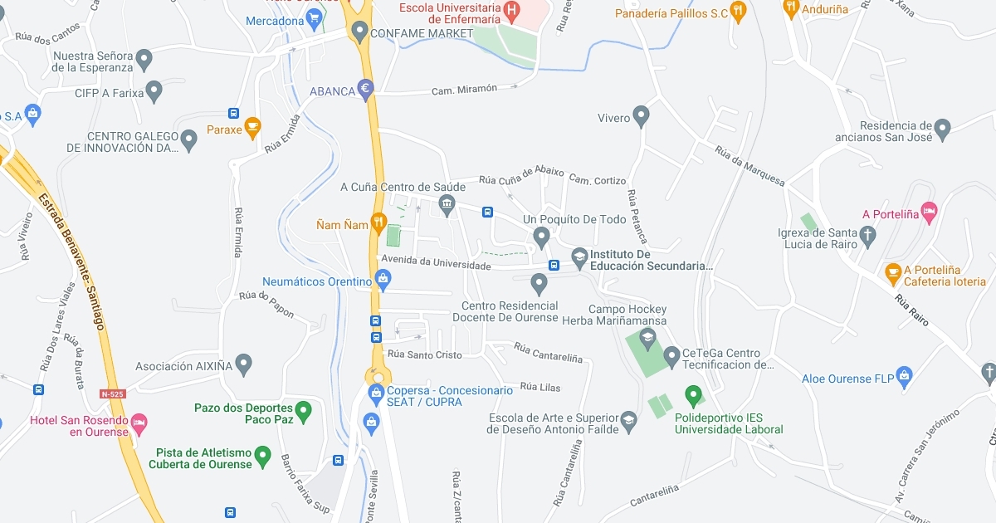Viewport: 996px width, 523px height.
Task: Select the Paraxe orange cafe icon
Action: [x=252, y=129]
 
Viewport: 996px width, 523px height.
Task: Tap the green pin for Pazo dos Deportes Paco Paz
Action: [x=304, y=409]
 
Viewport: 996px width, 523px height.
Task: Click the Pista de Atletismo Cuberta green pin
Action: [x=262, y=455]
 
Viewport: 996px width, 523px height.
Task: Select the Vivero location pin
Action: [x=641, y=116]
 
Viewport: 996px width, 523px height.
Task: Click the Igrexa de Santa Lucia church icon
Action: [x=867, y=236]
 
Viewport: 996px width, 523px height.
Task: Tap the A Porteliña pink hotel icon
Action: [x=929, y=213]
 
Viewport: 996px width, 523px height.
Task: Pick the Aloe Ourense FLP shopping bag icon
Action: [x=905, y=378]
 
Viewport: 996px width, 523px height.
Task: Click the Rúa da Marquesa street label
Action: [x=749, y=166]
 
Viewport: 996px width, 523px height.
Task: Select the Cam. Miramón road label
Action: [x=464, y=89]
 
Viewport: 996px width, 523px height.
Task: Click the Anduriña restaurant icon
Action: [x=791, y=9]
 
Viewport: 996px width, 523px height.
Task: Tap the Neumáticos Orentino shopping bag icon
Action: [x=382, y=281]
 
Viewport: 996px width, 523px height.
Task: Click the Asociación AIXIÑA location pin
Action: [x=243, y=364]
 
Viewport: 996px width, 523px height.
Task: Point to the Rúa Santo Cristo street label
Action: [x=425, y=354]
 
